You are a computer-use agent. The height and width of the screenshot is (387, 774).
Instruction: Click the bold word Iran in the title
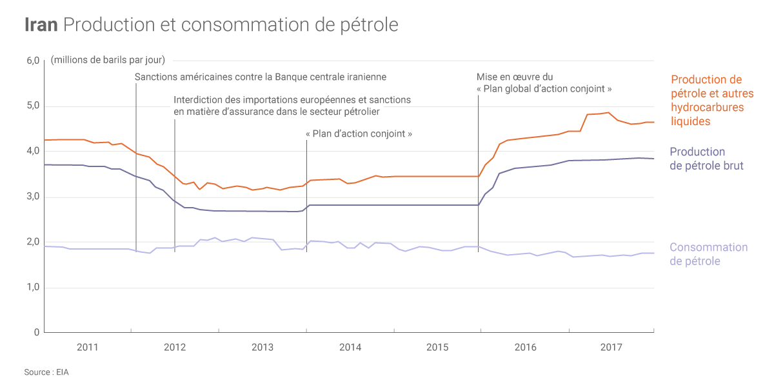(41, 25)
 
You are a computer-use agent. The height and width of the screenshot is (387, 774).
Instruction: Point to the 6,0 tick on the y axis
(33, 61)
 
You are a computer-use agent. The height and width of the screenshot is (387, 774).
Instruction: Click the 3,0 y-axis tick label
(33, 197)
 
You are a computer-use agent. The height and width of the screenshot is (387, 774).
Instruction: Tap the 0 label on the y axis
(37, 332)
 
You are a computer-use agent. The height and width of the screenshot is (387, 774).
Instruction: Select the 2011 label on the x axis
(87, 348)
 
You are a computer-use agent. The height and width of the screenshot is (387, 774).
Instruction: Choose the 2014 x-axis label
(350, 348)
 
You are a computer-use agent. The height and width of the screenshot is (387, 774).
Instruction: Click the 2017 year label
(611, 348)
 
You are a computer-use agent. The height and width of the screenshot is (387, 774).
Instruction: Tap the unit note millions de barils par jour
(108, 61)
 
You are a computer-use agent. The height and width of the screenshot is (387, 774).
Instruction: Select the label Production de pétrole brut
(706, 159)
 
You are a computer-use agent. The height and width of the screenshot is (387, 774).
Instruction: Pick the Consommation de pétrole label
(708, 253)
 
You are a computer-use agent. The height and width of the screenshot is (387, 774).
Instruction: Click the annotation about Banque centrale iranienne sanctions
(261, 77)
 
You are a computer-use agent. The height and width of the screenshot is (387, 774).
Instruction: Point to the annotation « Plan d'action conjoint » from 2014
(359, 134)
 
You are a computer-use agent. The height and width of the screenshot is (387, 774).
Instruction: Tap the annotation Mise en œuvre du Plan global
(544, 83)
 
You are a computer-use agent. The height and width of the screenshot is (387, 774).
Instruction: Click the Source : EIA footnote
(46, 372)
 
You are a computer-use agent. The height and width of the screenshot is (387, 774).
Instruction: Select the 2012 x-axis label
(175, 348)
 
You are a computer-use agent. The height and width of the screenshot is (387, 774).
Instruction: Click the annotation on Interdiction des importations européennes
(292, 106)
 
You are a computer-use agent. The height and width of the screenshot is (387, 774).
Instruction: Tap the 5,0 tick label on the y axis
(33, 106)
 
